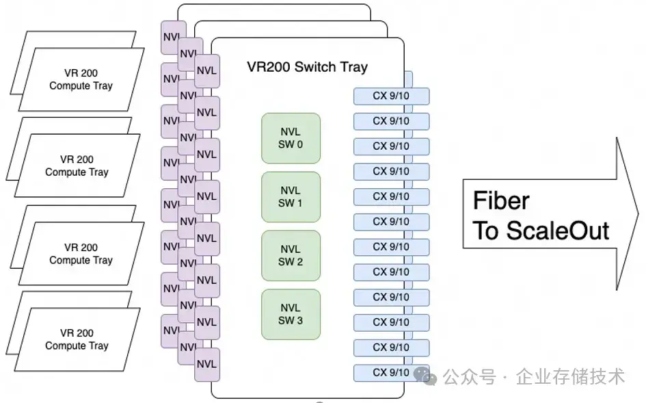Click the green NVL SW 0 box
[x=291, y=138]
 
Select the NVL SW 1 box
[x=291, y=196]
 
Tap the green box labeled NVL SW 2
[x=291, y=255]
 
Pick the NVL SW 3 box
[x=291, y=314]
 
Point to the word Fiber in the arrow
[x=501, y=201]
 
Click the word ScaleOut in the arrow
[x=558, y=231]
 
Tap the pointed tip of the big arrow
[x=638, y=214]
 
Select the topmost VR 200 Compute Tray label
[x=81, y=79]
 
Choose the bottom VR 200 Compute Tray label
[x=77, y=339]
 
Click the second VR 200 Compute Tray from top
[x=77, y=166]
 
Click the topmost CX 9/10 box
[x=391, y=96]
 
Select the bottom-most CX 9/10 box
[x=391, y=373]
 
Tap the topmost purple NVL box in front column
[x=206, y=70]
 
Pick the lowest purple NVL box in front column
[x=206, y=364]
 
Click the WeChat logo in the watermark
[x=425, y=376]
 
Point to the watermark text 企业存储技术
[x=570, y=376]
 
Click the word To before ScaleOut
[x=486, y=231]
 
